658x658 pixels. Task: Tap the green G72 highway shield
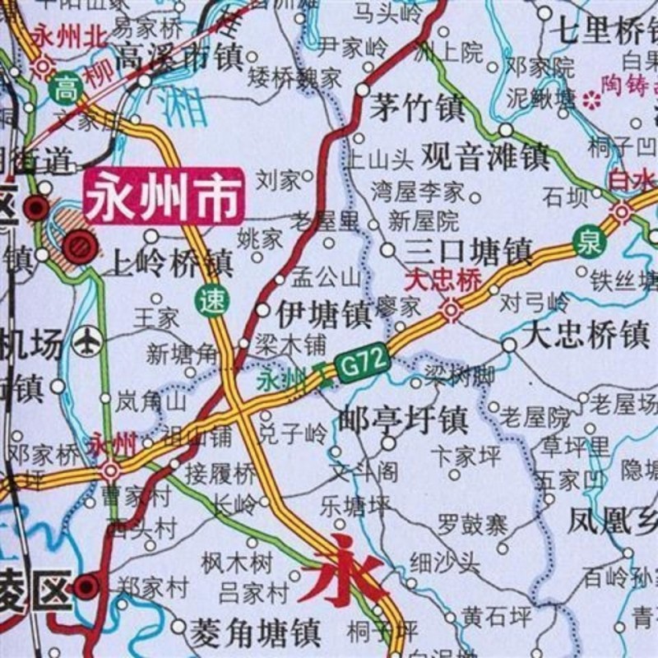[361, 361]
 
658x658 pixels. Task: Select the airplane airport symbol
[86, 341]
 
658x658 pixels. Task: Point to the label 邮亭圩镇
[403, 419]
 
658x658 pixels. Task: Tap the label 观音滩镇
[485, 155]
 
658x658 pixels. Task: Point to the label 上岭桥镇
[172, 263]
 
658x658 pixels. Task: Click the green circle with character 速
[212, 300]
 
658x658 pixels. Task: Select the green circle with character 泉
[589, 240]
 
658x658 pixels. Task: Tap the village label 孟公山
[327, 276]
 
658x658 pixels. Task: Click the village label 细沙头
[444, 563]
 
